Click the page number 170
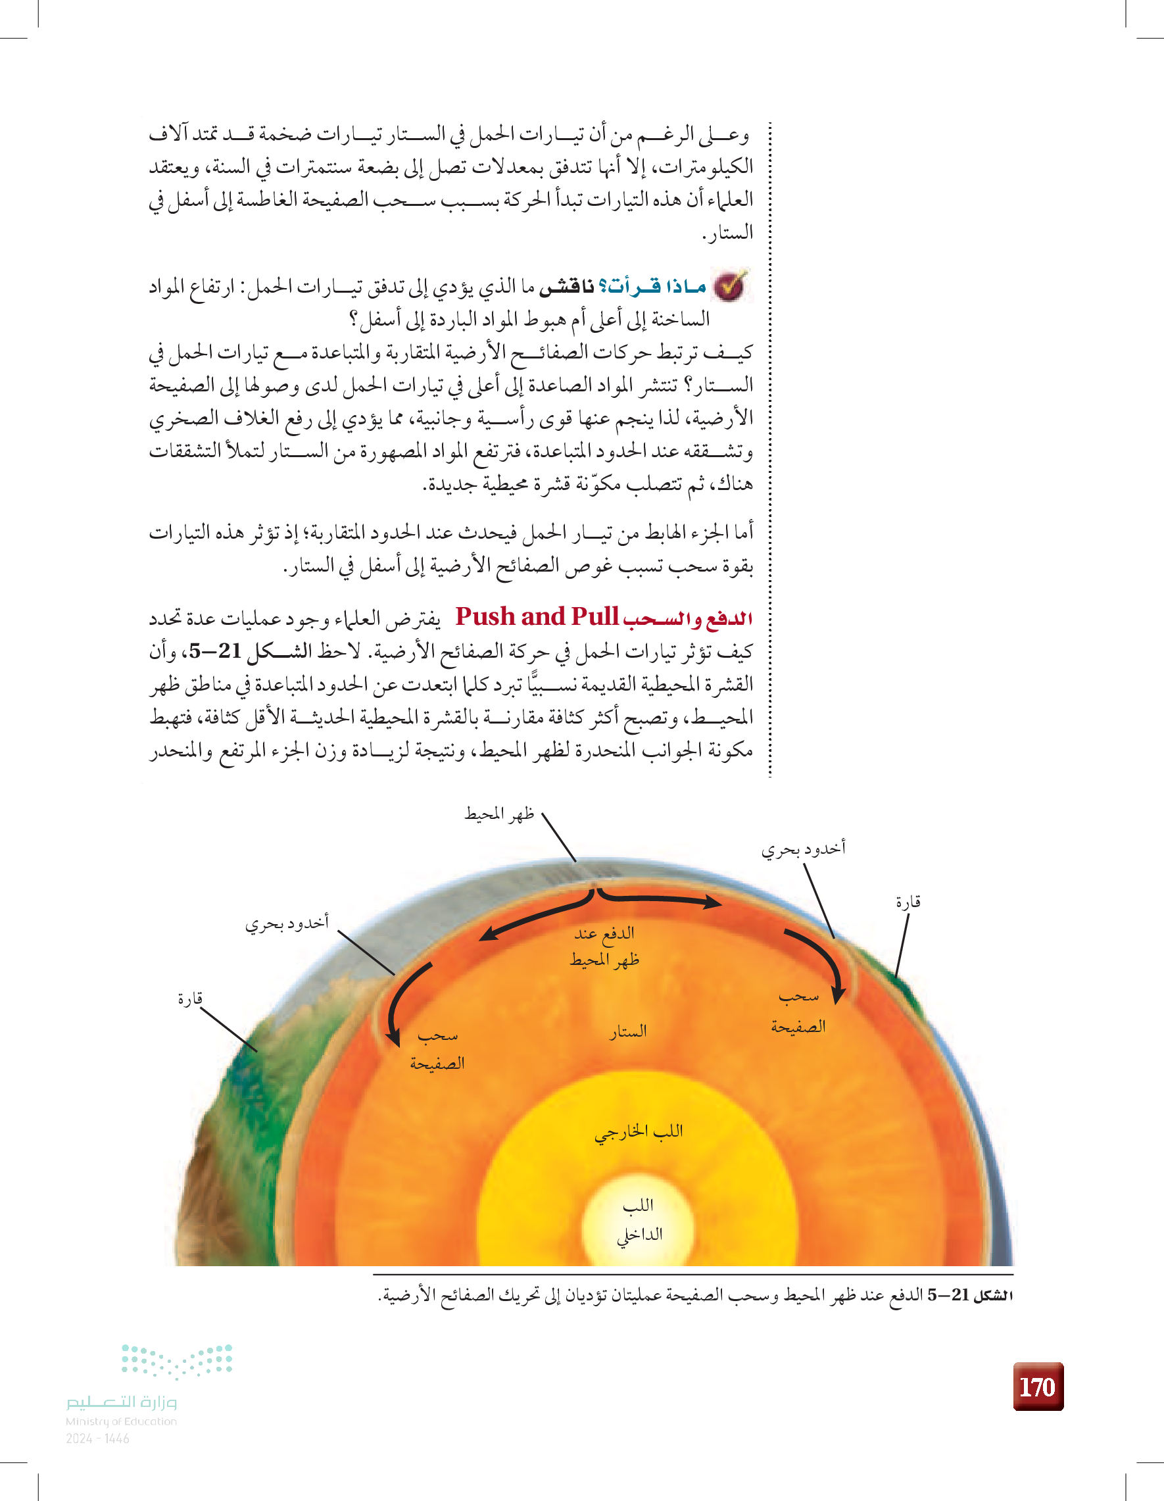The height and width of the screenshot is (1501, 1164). [x=1038, y=1387]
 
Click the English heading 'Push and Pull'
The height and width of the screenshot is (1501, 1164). [x=537, y=617]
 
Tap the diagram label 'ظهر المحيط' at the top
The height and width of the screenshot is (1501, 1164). [x=500, y=814]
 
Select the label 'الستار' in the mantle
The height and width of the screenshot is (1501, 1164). [x=627, y=1031]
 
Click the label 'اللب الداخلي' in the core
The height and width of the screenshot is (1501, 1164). [x=639, y=1219]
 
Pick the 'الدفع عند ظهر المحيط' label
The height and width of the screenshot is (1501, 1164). [x=604, y=947]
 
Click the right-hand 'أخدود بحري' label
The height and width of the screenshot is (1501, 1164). [x=802, y=849]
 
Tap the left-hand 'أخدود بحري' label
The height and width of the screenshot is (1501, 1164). [x=287, y=922]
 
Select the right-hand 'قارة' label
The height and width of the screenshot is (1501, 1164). [x=908, y=902]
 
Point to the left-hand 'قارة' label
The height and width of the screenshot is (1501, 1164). [x=190, y=998]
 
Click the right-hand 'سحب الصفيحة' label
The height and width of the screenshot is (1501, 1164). [x=798, y=1011]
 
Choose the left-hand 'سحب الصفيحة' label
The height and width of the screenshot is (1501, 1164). [x=437, y=1048]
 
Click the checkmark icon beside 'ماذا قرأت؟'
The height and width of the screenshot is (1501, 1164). [x=731, y=286]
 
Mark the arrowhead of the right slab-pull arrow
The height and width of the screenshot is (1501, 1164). [x=838, y=995]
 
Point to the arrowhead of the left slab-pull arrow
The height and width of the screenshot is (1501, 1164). [x=394, y=1037]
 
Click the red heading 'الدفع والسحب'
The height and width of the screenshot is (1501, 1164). [x=687, y=618]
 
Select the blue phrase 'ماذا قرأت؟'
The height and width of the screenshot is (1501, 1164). [x=653, y=286]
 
